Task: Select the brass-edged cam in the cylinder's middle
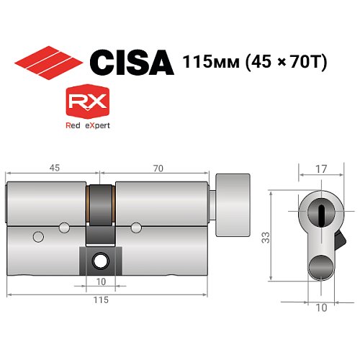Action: point(101,216)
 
